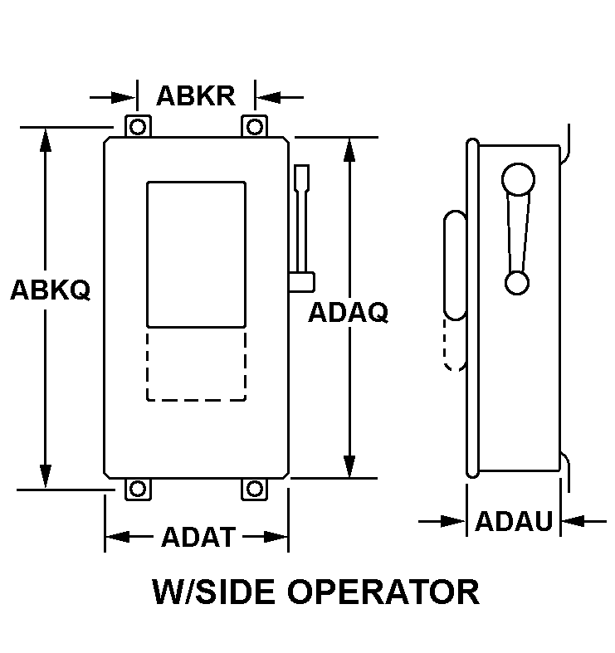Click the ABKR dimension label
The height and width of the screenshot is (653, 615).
coord(196,96)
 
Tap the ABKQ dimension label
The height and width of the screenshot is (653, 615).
coord(51,290)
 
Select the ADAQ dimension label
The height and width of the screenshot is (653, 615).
coord(348,312)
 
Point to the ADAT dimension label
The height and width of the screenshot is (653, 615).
coord(198,537)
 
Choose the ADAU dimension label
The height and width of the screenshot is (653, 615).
coord(514,521)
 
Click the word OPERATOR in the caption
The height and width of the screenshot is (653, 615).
coord(383,592)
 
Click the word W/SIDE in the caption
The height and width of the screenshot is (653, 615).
coord(212,592)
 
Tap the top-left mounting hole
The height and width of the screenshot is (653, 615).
coord(138,127)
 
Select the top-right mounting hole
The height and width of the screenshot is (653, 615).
coord(255,127)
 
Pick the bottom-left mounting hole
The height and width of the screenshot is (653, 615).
coord(138,489)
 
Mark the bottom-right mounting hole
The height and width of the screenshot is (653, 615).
coord(255,489)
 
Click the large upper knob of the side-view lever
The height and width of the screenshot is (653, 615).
coord(519,179)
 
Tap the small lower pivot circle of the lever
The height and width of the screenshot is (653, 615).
coord(517,283)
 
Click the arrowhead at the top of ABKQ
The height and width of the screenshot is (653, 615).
coord(46,140)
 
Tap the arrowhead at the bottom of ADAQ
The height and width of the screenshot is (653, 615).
coord(349,465)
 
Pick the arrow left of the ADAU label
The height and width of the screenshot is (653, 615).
coord(442,521)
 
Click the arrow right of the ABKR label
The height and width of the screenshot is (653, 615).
coord(280,98)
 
